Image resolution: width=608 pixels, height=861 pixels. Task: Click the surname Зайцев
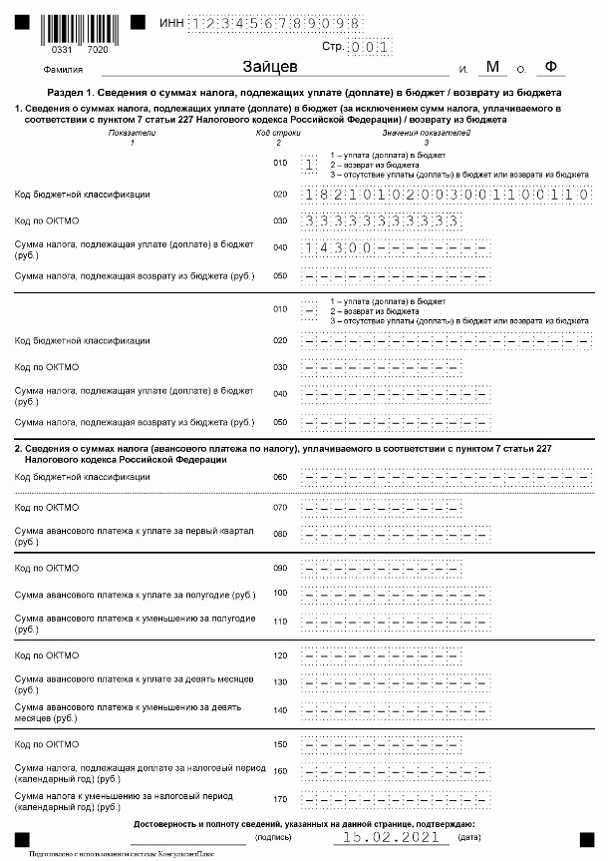tap(271, 67)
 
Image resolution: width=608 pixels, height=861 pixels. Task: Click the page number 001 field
tap(374, 46)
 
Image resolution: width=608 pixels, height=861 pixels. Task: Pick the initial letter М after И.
tap(491, 67)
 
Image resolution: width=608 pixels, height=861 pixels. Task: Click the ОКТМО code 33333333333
tap(382, 220)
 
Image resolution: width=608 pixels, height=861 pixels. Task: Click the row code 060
tap(280, 477)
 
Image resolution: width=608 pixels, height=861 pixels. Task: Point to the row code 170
tap(280, 799)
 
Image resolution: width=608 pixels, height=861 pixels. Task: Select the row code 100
tap(280, 594)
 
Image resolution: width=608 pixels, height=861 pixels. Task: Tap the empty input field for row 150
tap(382, 744)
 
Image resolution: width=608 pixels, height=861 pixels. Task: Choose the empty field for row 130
tap(397, 681)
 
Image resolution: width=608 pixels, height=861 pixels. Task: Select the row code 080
tap(280, 532)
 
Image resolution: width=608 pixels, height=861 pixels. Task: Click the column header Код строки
tap(278, 132)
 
